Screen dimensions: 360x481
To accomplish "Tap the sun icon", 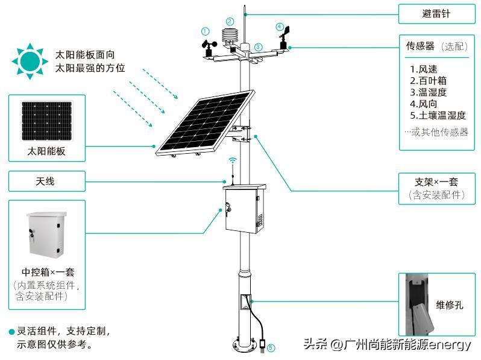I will coord(28,61).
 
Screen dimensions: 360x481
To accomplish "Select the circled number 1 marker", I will coord(206,31).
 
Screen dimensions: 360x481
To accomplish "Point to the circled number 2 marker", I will coord(230,21).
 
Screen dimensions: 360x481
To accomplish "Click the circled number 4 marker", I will coord(279,27).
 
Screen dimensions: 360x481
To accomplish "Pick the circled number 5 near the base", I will coord(271,347).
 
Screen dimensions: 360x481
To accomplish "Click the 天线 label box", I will coord(46,181).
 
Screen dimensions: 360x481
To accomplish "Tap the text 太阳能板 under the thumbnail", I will coord(46,151).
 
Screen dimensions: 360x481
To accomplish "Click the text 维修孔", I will coord(450,305).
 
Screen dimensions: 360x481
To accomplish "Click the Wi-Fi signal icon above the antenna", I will coord(233,161).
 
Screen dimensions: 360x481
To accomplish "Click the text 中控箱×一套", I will coord(46,272).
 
